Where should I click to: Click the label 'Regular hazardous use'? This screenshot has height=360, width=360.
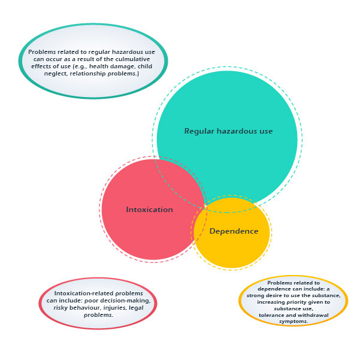pos(228,131)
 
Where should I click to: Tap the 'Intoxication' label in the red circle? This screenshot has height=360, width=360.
pos(150,210)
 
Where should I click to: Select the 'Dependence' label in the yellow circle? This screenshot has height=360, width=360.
pos(234,231)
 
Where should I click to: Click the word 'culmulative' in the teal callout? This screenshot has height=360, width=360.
pos(133,59)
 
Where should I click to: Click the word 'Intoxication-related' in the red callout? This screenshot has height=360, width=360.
pos(84,294)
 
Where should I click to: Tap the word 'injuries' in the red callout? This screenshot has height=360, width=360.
pos(115,308)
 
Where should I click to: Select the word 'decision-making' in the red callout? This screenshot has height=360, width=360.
pos(125,301)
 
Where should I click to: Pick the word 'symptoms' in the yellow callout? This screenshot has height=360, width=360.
pos(294,322)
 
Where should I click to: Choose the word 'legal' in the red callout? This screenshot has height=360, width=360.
pos(136,308)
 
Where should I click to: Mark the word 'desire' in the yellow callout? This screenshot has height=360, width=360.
pos(274,295)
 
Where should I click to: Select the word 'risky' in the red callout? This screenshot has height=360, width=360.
pos(60,308)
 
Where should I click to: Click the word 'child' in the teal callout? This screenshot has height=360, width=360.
pos(145,66)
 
